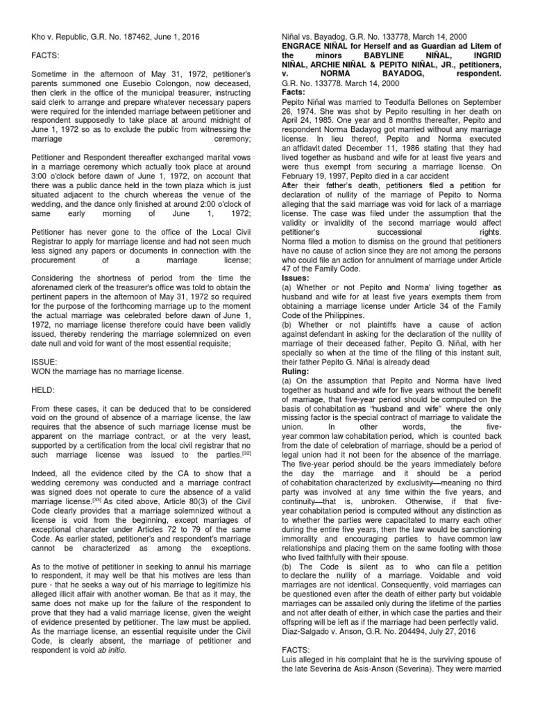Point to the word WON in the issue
(x=42, y=371)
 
